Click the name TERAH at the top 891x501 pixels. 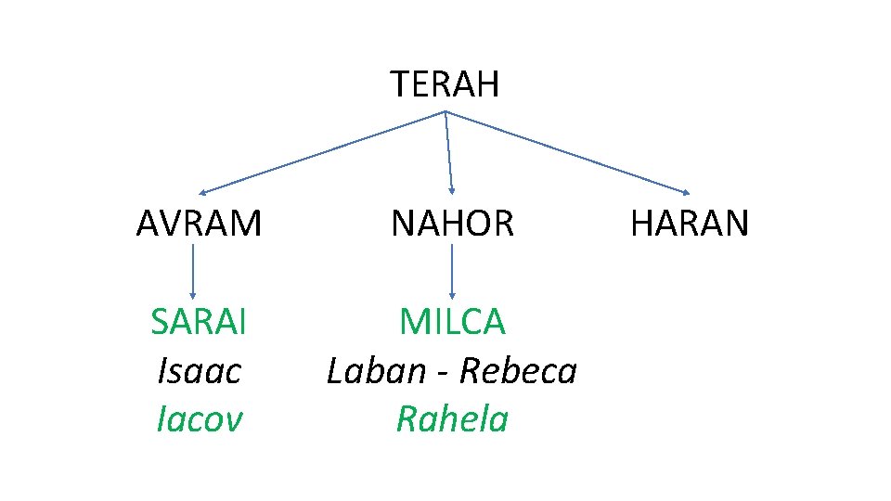click(445, 84)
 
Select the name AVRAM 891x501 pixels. click(199, 224)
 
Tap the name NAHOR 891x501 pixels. click(452, 224)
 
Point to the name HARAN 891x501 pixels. click(690, 224)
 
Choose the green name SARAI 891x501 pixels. click(199, 322)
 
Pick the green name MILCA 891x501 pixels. click(452, 322)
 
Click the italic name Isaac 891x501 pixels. click(199, 371)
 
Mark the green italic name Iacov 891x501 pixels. click(199, 419)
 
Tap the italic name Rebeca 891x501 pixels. click(518, 371)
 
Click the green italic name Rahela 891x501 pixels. click(452, 419)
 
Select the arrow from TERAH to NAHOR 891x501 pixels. click(449, 151)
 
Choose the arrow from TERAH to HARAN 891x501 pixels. click(567, 152)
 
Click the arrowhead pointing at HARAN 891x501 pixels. click(685, 192)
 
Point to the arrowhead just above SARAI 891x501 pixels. click(193, 294)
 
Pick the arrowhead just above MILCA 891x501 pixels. click(452, 294)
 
